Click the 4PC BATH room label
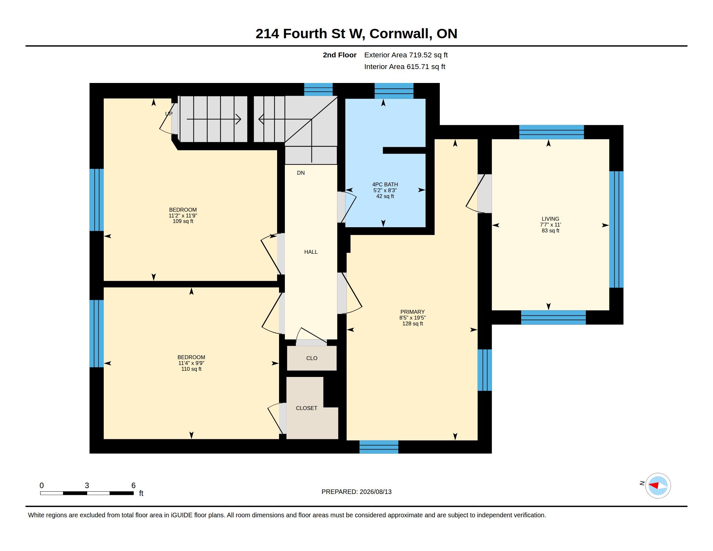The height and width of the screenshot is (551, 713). (x=385, y=184)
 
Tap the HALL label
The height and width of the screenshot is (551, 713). (x=311, y=252)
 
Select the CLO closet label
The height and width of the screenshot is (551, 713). (x=312, y=358)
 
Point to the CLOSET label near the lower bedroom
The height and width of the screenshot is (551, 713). (x=307, y=408)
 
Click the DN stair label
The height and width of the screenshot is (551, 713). (x=301, y=173)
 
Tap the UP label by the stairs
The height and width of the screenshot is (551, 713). (x=169, y=113)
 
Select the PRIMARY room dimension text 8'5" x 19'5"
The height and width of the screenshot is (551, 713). (x=413, y=318)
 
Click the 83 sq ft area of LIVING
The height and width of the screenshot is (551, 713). (x=550, y=230)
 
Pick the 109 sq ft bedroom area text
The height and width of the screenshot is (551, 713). (x=183, y=221)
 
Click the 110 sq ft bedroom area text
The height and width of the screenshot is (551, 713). (x=191, y=369)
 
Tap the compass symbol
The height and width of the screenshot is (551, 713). (x=658, y=486)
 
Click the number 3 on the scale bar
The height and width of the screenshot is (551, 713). (x=87, y=486)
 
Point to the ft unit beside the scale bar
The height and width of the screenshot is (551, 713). (x=141, y=493)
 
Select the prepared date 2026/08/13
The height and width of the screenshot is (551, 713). (x=375, y=492)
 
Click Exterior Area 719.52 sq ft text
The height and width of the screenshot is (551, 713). (x=406, y=55)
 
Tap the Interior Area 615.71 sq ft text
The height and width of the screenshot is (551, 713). (x=404, y=66)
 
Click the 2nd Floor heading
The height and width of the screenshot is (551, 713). (x=340, y=55)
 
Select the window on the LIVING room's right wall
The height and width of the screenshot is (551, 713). (x=616, y=229)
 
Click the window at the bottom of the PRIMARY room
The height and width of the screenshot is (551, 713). (x=379, y=447)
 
